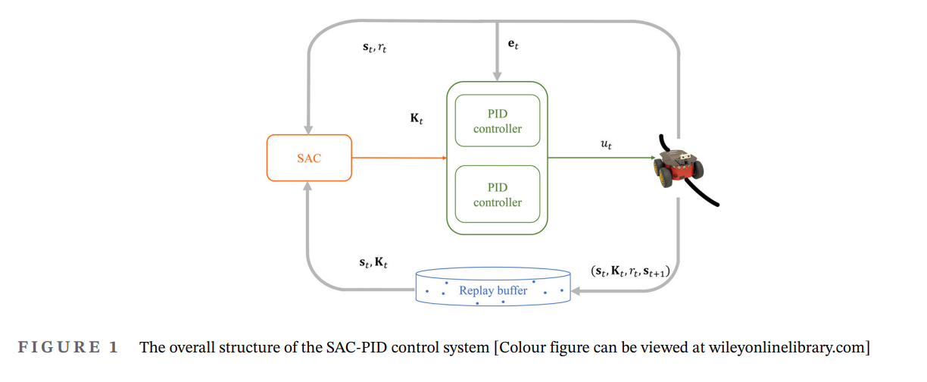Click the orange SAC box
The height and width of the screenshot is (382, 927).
pyautogui.click(x=309, y=158)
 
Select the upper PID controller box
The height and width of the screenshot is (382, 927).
pyautogui.click(x=498, y=121)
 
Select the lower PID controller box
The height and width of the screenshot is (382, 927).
pyautogui.click(x=498, y=195)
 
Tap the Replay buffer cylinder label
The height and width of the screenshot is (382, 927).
pyautogui.click(x=493, y=290)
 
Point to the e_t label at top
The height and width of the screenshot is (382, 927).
pyautogui.click(x=513, y=45)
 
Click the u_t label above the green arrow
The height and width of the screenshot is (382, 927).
pyautogui.click(x=606, y=143)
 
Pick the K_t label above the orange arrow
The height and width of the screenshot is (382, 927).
pyautogui.click(x=416, y=120)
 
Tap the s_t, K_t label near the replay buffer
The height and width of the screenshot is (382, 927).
pyautogui.click(x=373, y=262)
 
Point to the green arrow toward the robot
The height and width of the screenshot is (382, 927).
pyautogui.click(x=602, y=158)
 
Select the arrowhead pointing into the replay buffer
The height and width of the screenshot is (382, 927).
pyautogui.click(x=576, y=289)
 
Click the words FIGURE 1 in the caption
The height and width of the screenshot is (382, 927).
pyautogui.click(x=68, y=348)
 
